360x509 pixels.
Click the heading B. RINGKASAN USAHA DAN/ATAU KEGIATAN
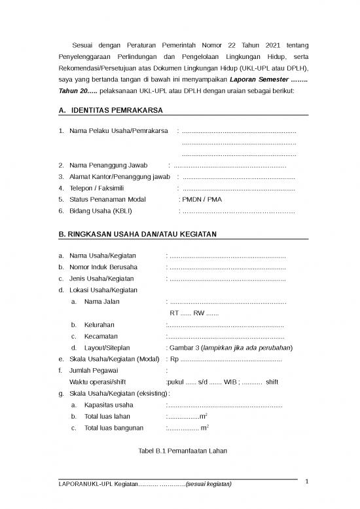pyautogui.click(x=138, y=234)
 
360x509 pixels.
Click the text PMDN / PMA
pyautogui.click(x=201, y=199)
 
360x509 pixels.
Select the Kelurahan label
pyautogui.click(x=99, y=324)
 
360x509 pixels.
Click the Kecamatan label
pyautogui.click(x=101, y=336)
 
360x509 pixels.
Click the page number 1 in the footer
pyautogui.click(x=305, y=481)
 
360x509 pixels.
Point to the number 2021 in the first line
pyautogui.click(x=278, y=45)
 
